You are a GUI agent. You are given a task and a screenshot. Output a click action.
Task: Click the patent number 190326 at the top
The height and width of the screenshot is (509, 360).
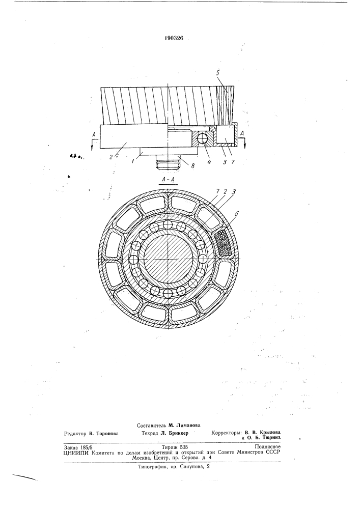[x=174, y=38]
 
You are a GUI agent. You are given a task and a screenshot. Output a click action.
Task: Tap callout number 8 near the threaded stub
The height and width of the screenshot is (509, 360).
[x=192, y=165]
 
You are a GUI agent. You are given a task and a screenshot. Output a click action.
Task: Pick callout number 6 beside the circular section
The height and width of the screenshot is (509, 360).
[x=237, y=213]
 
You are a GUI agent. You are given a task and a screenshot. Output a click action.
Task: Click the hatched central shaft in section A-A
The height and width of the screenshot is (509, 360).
[x=168, y=260]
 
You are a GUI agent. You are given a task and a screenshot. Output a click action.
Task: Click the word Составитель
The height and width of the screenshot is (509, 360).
[x=151, y=425]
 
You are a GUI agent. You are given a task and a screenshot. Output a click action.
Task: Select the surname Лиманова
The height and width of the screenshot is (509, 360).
[x=187, y=425]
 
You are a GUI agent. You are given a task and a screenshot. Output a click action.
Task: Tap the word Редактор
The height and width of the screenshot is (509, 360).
[x=75, y=433]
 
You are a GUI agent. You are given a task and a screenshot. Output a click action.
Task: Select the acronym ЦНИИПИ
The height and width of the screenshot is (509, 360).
[x=76, y=452]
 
